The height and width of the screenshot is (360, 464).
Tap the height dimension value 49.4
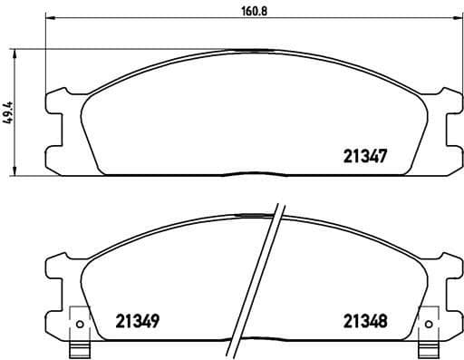[x=8, y=111]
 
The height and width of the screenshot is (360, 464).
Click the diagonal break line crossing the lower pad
[x=257, y=281]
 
